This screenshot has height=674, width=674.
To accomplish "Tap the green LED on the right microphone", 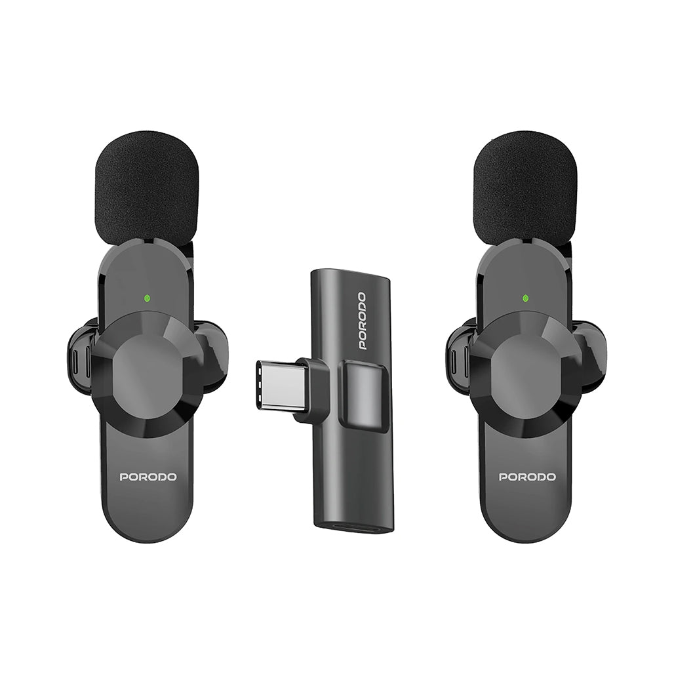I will coord(525,298).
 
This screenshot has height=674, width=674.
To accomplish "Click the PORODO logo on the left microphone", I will coord(148,477).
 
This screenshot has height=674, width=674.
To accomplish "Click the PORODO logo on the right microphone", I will coord(527,477).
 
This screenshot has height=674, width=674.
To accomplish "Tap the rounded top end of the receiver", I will coord(352,275).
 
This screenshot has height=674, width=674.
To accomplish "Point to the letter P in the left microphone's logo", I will coord(124,477).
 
